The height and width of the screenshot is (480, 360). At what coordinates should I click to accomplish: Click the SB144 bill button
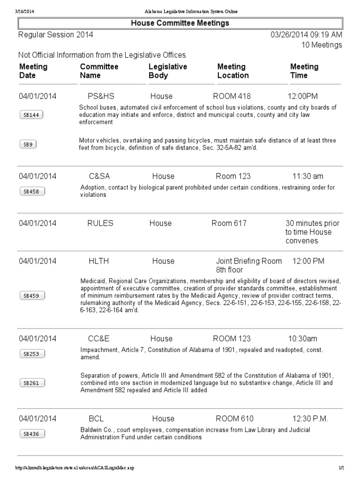(31, 115)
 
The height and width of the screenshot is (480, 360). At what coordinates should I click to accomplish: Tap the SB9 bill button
(28, 144)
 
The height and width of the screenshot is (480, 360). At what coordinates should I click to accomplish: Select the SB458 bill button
(31, 191)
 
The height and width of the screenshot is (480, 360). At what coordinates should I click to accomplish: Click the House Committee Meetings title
(180, 23)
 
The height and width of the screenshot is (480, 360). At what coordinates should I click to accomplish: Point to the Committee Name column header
(99, 71)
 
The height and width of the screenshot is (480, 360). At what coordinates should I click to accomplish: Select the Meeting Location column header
(233, 71)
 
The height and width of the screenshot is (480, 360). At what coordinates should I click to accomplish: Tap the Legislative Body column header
(168, 71)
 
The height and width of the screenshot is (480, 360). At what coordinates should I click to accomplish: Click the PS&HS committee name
(101, 96)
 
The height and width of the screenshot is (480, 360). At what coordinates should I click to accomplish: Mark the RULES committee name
(100, 223)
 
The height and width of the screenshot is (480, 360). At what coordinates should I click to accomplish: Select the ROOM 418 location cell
(232, 96)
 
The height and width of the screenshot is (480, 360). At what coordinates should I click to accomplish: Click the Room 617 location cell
(229, 223)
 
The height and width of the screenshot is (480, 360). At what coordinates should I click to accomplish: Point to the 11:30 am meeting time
(307, 176)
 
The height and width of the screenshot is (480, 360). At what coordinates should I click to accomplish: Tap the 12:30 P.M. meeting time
(310, 419)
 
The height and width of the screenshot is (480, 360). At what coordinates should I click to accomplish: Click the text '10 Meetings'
(321, 45)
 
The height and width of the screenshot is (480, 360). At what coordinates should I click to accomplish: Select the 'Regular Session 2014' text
(55, 35)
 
